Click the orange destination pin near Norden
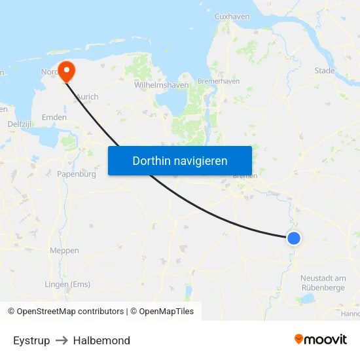pyautogui.click(x=67, y=71)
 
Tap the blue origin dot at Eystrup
pyautogui.click(x=294, y=238)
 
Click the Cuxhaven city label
pyautogui.click(x=232, y=16)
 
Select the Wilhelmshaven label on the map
pyautogui.click(x=161, y=85)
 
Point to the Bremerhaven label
pyautogui.click(x=219, y=81)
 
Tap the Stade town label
pyautogui.click(x=324, y=71)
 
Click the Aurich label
pyautogui.click(x=87, y=97)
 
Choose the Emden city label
pyautogui.click(x=54, y=117)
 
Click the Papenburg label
pyautogui.click(x=77, y=174)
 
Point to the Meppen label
pyautogui.click(x=64, y=251)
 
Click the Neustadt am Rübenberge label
pyautogui.click(x=323, y=283)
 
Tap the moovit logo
pyautogui.click(x=320, y=339)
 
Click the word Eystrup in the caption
pyautogui.click(x=31, y=340)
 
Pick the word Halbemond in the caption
pyautogui.click(x=101, y=340)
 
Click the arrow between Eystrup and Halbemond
pyautogui.click(x=62, y=340)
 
